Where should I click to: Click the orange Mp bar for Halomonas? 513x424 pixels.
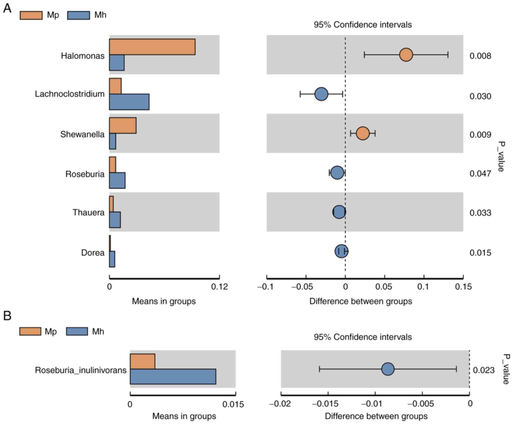[x=152, y=47]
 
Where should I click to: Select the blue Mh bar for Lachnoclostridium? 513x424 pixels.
[x=129, y=102]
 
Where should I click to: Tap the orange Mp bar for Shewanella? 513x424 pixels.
[x=123, y=125]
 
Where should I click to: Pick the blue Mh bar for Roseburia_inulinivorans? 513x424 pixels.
[x=173, y=377]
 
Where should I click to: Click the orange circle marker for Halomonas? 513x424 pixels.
[x=406, y=55]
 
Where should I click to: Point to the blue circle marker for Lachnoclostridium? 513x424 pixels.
[x=321, y=94]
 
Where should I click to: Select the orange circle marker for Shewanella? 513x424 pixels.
[x=363, y=133]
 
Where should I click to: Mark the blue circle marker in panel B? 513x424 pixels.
[x=388, y=369]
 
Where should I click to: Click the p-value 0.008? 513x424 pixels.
[x=480, y=56]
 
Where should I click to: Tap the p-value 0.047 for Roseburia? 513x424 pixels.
[x=480, y=174]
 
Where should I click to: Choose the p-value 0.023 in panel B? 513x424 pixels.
[x=483, y=370]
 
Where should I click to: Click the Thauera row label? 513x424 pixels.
[x=88, y=213]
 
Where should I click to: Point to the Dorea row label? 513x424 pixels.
[x=93, y=252]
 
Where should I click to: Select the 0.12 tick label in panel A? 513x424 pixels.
[x=219, y=287]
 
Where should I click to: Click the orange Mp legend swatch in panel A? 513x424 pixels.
[x=31, y=15]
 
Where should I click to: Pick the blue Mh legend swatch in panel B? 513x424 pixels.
[x=77, y=331]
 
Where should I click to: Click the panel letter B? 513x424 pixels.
[x=7, y=316]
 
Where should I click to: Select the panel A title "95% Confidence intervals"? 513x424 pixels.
[x=363, y=25]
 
